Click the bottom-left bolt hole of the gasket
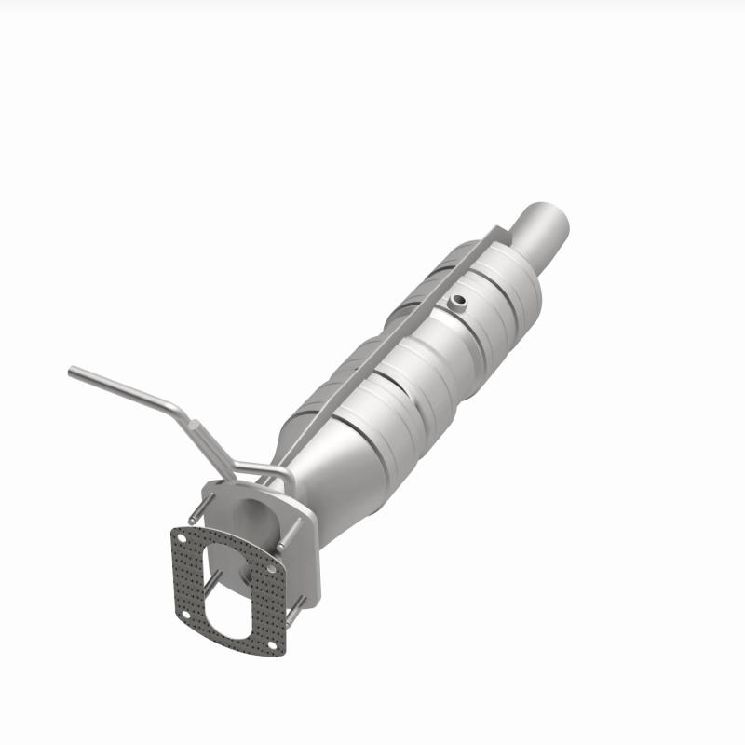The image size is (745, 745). click(185, 614)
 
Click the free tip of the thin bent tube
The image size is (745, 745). click(73, 372)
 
